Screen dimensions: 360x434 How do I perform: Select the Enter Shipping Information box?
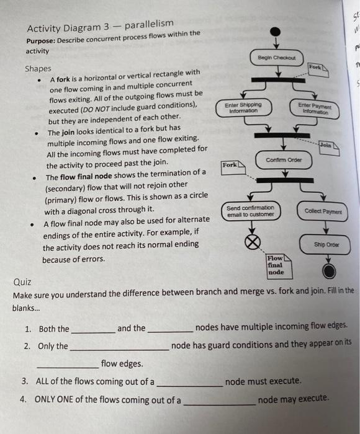238,108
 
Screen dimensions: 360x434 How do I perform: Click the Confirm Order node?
283,159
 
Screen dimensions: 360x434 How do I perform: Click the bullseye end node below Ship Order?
329,270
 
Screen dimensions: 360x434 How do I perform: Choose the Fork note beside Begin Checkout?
315,67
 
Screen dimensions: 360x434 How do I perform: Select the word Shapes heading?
38,69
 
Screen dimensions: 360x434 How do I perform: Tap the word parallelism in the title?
150,24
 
